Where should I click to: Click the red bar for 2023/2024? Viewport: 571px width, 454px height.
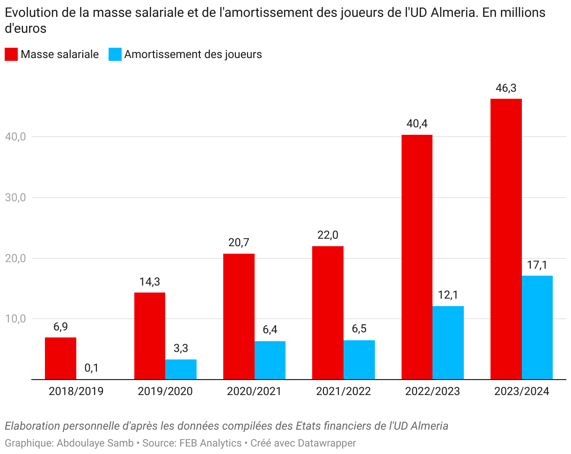coord(506,239)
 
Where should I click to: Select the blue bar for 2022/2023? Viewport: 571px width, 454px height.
coord(448,343)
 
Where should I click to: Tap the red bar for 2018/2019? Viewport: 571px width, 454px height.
coord(60,358)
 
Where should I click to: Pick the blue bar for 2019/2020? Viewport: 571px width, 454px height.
coord(181,369)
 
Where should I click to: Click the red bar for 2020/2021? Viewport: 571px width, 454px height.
coord(239,316)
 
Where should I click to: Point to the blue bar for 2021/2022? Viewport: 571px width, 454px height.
coord(359,359)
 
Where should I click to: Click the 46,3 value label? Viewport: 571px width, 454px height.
coord(506,88)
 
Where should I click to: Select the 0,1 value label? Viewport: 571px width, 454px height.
coord(92,368)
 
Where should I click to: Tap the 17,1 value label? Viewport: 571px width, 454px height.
coord(537,265)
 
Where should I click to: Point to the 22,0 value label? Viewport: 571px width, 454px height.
coord(328,235)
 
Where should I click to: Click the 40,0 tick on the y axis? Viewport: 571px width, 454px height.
coord(15,137)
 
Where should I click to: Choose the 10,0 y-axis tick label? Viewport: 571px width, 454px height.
coord(15,319)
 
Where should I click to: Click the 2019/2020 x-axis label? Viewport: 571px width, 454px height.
coord(165,391)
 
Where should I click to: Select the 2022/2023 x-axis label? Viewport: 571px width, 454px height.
coord(432,391)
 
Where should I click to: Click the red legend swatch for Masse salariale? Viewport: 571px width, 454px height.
coord(11,54)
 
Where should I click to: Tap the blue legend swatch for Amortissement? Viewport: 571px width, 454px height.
coord(115,54)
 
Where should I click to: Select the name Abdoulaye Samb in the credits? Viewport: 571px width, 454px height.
coord(95,443)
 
